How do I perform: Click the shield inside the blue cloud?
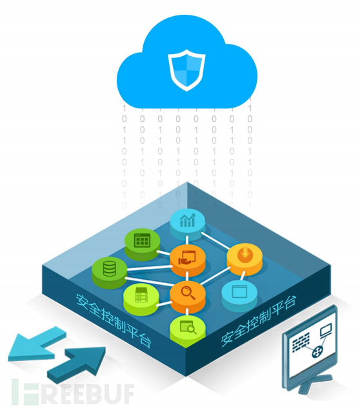(186, 70)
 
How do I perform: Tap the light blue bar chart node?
(187, 224)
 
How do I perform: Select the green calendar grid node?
(142, 243)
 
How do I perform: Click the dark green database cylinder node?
(110, 272)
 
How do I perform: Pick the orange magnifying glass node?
(187, 295)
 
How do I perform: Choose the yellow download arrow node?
(245, 259)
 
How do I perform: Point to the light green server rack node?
(141, 298)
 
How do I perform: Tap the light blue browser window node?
(239, 294)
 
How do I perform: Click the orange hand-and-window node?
(187, 259)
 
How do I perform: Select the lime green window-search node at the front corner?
(188, 330)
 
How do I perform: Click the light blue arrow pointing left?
(37, 344)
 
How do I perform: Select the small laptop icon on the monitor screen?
(326, 329)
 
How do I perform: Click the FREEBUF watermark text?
(73, 394)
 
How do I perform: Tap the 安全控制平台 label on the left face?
(113, 320)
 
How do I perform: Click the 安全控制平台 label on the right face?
(259, 320)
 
